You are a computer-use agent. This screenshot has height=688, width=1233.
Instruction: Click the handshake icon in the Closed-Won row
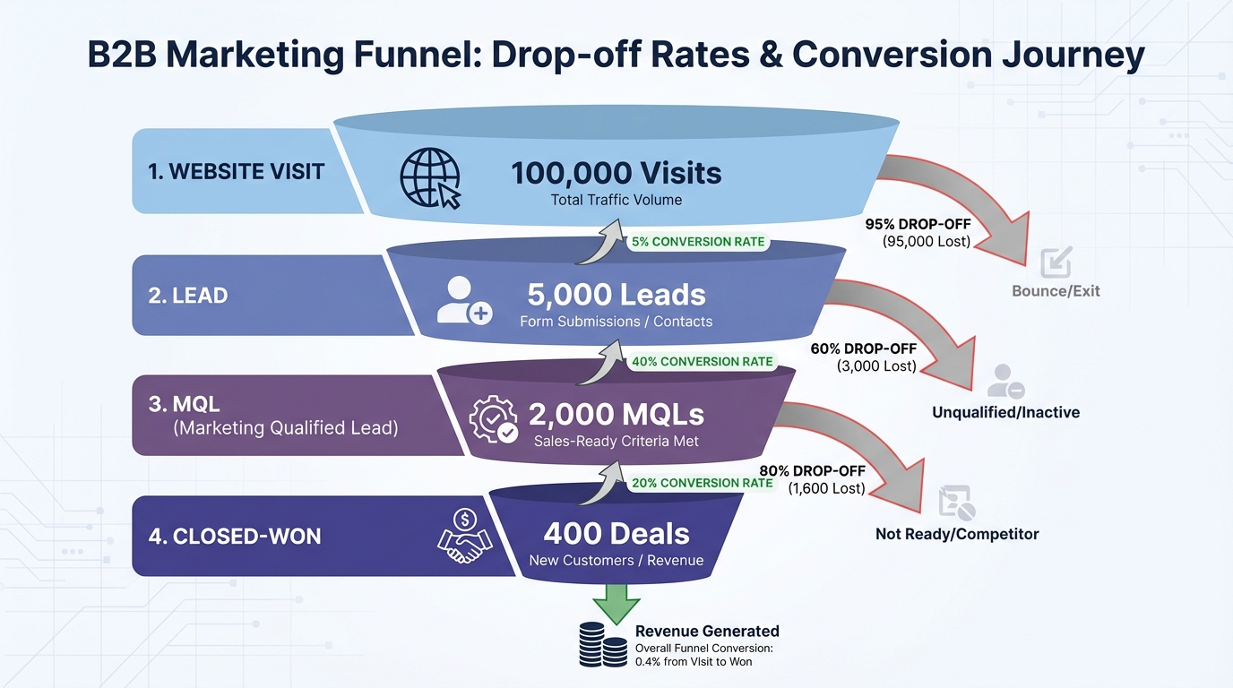(x=464, y=536)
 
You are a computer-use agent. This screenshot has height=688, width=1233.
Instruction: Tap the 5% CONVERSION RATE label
(x=698, y=242)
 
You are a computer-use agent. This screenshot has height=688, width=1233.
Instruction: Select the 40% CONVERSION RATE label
(x=703, y=362)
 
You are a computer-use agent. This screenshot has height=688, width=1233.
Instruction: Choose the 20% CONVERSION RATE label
(x=702, y=483)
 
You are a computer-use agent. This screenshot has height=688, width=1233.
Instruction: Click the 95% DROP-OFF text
(x=918, y=224)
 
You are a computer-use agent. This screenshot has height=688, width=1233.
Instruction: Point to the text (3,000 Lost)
(x=876, y=365)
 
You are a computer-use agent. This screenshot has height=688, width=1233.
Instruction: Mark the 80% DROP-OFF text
(x=812, y=471)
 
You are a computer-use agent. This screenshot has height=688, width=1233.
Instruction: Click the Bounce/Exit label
(x=1056, y=290)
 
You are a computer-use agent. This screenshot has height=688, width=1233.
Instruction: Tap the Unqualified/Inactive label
(x=1005, y=412)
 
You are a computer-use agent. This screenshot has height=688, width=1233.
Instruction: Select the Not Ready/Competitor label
(x=957, y=534)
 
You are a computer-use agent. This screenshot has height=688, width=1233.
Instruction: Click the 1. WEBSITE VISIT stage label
(x=236, y=172)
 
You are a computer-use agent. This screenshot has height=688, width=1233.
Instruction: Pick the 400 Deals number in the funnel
(x=616, y=534)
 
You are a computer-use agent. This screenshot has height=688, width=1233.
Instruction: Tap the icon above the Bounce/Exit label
(x=1056, y=262)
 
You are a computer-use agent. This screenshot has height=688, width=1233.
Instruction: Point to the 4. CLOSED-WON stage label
(x=234, y=537)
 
